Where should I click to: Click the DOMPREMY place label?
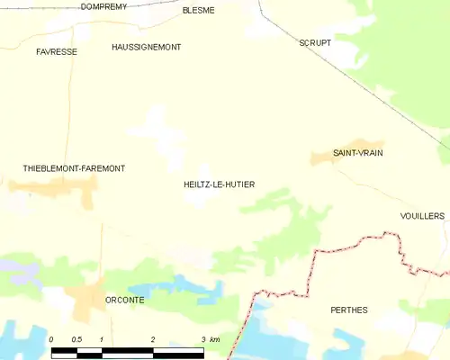[103, 6]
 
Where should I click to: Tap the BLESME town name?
[198, 10]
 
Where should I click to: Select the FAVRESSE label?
[57, 51]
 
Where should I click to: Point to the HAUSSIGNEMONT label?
[146, 46]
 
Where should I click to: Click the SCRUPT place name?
[314, 42]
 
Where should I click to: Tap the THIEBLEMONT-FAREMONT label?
[74, 168]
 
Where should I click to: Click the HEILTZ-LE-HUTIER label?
[219, 184]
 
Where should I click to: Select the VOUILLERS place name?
[423, 216]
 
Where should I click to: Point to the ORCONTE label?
[125, 300]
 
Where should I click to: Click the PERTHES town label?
[349, 310]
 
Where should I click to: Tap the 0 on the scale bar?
[51, 339]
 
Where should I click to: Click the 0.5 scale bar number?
[76, 339]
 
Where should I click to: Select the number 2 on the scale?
[153, 339]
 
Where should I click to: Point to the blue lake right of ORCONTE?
[189, 289]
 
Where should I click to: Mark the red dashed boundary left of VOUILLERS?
[360, 239]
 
